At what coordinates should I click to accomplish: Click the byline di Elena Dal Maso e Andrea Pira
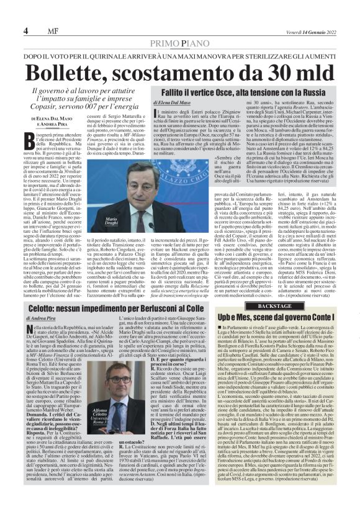52,125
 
